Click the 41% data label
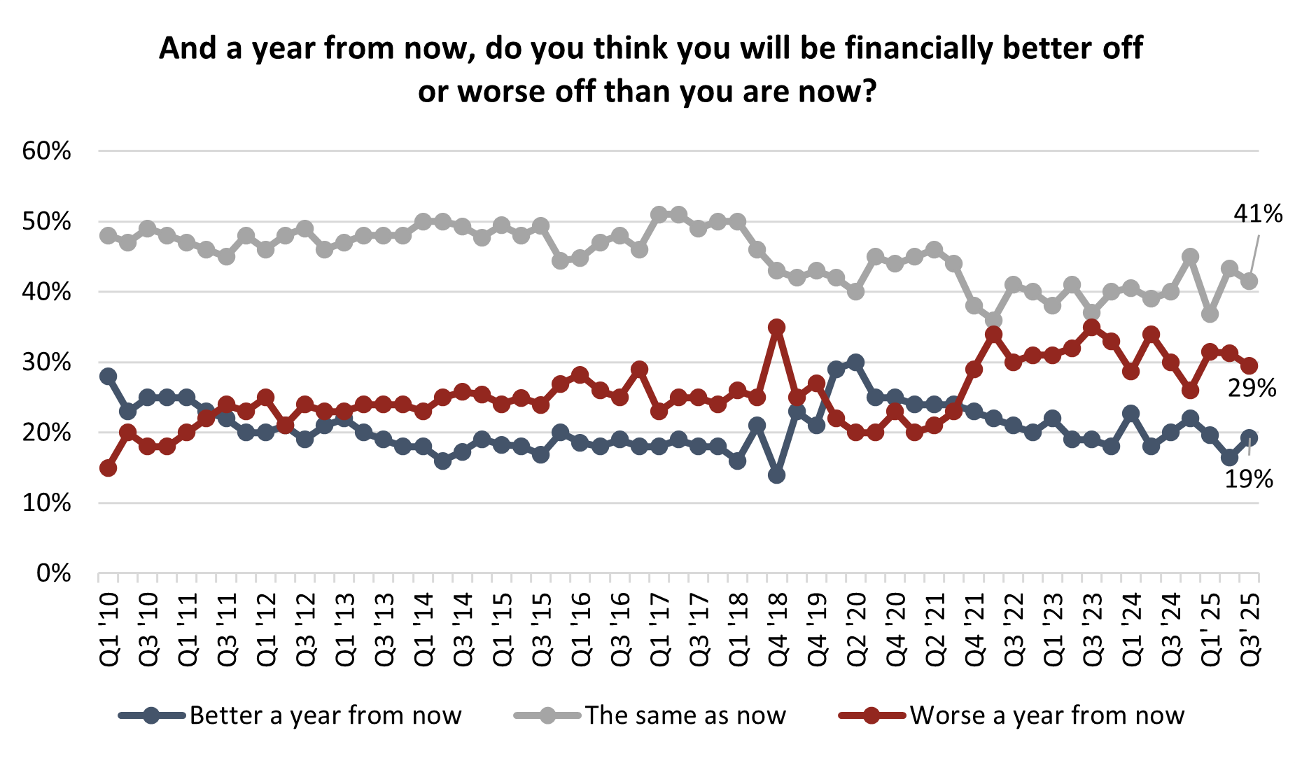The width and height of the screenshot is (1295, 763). (1258, 213)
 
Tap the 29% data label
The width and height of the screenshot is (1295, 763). (1252, 388)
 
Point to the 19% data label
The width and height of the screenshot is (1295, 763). (1248, 479)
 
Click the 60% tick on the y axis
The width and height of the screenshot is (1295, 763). (47, 151)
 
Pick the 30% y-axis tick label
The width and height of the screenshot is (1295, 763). (47, 363)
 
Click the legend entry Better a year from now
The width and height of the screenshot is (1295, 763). (325, 715)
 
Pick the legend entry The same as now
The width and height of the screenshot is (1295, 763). (685, 715)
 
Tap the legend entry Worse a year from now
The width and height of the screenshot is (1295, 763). (1046, 715)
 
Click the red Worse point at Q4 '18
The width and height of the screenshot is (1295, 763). (776, 327)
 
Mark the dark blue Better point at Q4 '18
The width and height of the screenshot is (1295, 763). (776, 475)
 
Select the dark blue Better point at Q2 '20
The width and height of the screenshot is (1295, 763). (855, 362)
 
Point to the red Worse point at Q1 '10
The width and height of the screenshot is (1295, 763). (108, 468)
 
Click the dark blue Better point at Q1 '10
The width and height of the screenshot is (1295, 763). (108, 376)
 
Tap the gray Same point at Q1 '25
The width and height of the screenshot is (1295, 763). (1210, 314)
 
